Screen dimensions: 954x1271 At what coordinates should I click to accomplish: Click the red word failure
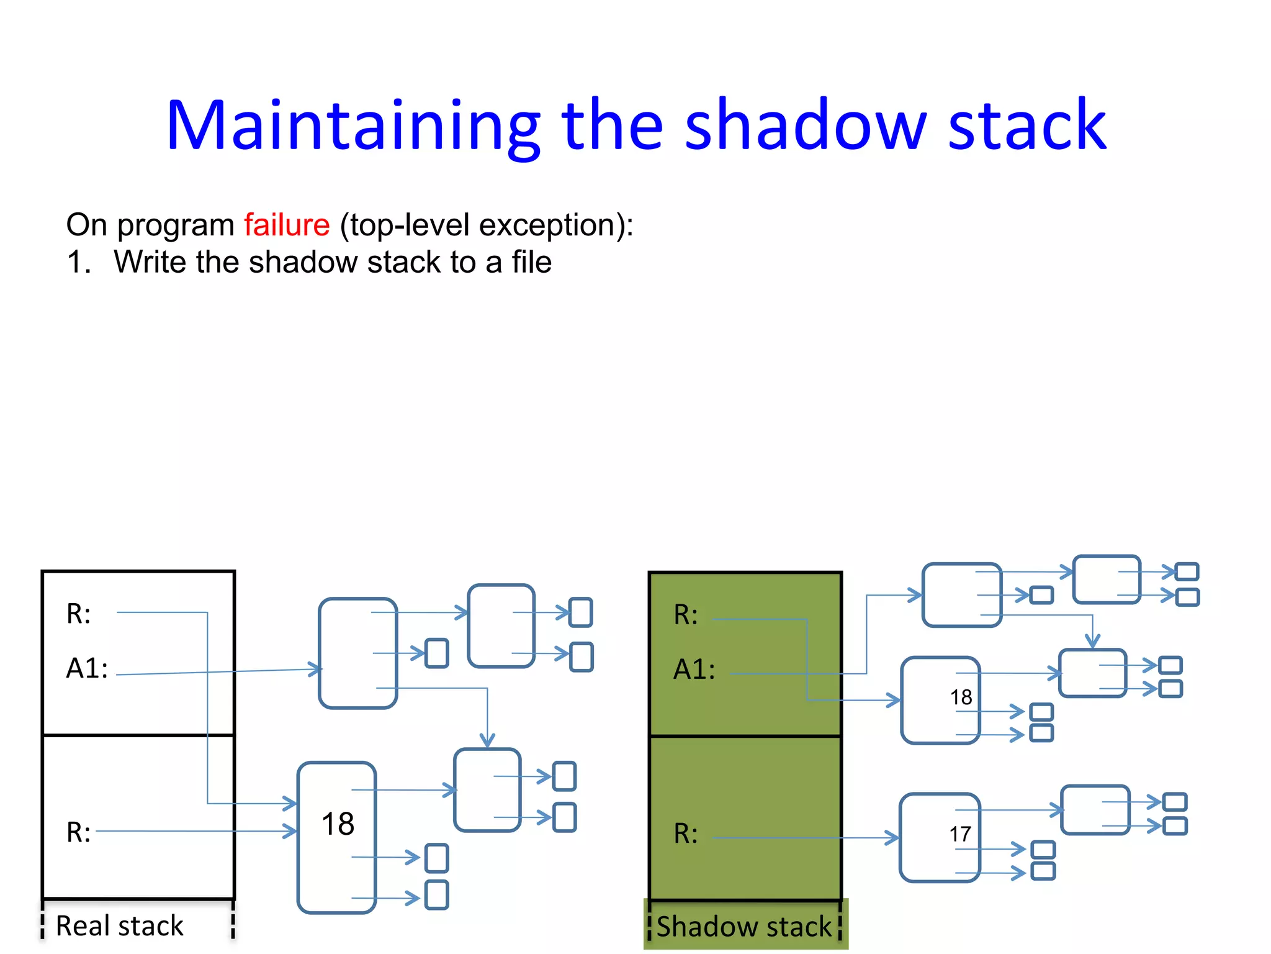286,225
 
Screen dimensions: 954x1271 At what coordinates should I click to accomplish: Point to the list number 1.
78,262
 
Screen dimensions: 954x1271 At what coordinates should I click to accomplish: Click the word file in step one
531,261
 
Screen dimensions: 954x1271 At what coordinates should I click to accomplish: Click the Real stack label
120,925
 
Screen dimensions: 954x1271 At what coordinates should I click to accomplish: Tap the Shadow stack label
743,926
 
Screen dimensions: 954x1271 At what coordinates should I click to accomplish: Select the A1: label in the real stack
87,669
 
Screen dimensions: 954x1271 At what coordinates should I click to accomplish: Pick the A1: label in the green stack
694,670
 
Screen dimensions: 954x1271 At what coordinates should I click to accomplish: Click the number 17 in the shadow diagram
959,834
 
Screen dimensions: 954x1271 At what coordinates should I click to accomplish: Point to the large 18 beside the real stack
338,824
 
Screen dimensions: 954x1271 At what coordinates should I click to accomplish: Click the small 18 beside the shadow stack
961,697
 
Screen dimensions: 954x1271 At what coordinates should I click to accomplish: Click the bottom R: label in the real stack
79,832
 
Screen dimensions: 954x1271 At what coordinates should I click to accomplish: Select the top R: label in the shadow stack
686,615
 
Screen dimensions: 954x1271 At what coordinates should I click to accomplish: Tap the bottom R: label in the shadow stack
686,834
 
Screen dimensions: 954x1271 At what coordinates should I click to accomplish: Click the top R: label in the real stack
79,614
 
